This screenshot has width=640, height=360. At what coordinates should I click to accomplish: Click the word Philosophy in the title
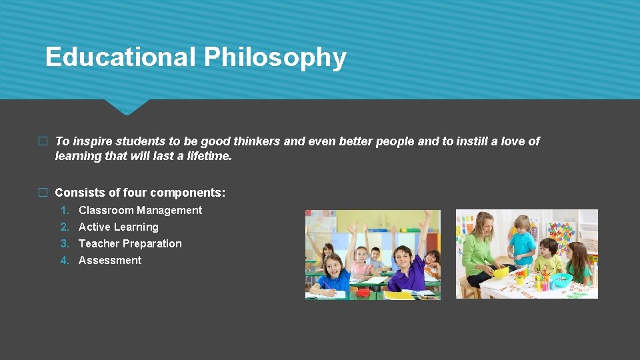[275, 57]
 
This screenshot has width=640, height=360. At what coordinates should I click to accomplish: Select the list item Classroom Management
[140, 210]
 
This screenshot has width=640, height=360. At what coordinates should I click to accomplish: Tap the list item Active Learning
[118, 227]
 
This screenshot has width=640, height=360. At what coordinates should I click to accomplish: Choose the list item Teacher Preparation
[130, 243]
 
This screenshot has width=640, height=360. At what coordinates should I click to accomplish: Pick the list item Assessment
[110, 260]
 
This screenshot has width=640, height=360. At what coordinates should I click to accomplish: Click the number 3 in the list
[65, 243]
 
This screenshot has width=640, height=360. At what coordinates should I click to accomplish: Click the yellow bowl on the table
[500, 271]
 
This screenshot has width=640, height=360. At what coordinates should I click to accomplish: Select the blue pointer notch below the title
[126, 107]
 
